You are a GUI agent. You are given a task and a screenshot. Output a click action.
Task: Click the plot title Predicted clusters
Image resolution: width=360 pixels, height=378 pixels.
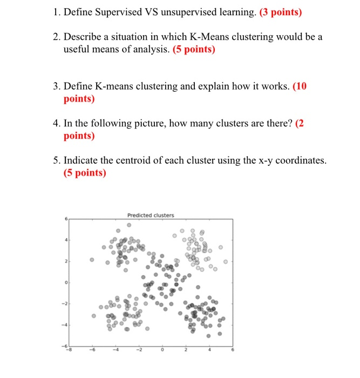coord(151,215)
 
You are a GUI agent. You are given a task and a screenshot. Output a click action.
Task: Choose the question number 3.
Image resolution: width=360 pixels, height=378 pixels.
coord(56,86)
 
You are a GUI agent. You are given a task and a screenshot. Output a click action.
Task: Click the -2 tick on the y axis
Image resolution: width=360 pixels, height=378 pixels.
coord(66,304)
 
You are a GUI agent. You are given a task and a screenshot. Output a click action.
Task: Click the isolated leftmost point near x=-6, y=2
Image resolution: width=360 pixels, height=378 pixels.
coord(92,260)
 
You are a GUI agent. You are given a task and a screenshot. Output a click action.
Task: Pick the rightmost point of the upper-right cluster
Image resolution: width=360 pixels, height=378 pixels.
coord(226,261)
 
